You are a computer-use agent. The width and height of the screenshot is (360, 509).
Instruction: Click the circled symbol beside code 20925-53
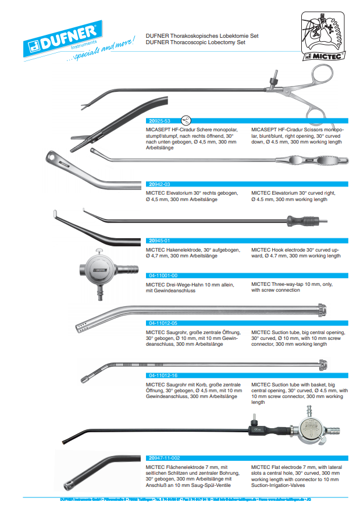click(x=186, y=120)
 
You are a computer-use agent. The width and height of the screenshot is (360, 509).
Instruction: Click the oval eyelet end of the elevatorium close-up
click(x=53, y=157)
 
